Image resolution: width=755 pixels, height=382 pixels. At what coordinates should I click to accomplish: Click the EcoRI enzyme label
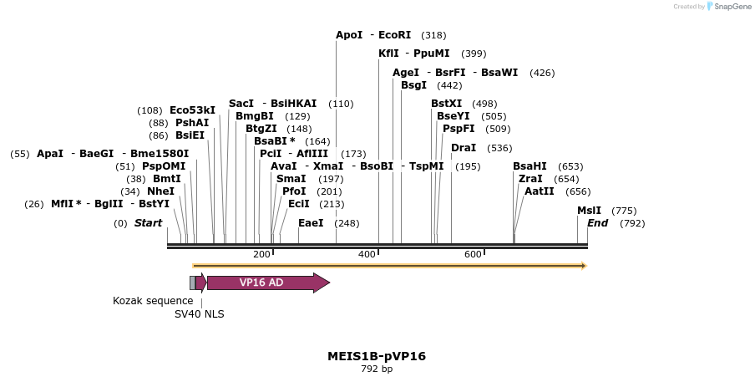click(395, 35)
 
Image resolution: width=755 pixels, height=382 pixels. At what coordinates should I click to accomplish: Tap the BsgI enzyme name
click(413, 85)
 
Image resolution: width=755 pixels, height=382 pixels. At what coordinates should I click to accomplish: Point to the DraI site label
click(464, 148)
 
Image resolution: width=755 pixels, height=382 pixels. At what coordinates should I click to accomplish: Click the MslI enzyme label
click(589, 211)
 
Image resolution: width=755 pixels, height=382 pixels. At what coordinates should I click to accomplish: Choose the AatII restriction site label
click(539, 191)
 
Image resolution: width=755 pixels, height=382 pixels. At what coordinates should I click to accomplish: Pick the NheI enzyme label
click(160, 191)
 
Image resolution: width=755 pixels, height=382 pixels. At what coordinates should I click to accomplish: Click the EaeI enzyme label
click(311, 223)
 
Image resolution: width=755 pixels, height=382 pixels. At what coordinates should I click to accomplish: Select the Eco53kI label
click(192, 110)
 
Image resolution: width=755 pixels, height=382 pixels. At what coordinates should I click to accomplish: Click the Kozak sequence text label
click(153, 300)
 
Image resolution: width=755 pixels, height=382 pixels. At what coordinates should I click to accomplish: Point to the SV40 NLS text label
click(199, 314)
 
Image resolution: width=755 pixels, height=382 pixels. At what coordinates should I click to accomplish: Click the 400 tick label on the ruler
click(367, 254)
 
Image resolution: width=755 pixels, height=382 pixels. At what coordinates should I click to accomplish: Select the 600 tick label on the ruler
click(473, 254)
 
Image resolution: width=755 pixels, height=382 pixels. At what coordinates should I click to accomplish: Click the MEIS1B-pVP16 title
click(377, 356)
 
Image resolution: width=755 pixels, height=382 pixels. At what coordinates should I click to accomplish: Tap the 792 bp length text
click(377, 369)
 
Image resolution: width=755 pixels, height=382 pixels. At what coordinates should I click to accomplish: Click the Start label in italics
click(148, 223)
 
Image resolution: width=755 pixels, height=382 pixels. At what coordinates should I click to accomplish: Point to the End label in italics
click(597, 223)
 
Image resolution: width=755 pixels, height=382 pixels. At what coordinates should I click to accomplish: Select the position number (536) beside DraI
click(499, 148)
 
